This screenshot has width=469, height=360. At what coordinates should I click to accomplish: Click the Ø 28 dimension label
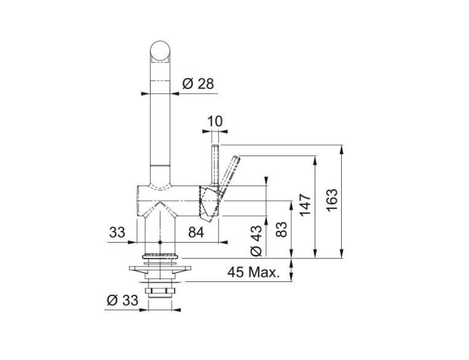[x=198, y=84]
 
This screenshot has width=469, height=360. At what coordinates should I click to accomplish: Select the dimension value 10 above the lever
[x=215, y=121]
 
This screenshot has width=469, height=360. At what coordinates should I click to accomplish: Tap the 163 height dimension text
[x=331, y=201]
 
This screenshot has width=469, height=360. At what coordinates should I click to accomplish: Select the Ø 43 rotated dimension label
[x=256, y=239]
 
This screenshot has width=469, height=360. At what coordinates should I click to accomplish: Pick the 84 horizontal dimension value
[x=195, y=233]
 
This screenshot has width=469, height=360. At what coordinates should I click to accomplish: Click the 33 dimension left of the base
[x=117, y=233]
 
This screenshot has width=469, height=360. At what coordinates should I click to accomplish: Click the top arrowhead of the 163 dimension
[x=341, y=148]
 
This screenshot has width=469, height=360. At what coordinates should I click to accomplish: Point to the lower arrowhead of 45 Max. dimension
[x=291, y=280]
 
